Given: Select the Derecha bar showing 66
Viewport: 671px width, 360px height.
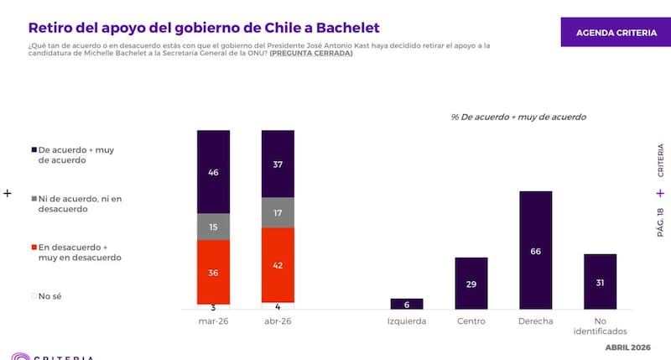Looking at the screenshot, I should [x=536, y=250].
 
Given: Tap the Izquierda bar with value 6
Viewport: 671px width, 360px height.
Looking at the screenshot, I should [x=407, y=304].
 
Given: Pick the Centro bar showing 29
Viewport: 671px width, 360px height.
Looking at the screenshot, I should [x=471, y=284].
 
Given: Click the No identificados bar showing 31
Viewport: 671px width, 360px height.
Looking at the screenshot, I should [x=600, y=282].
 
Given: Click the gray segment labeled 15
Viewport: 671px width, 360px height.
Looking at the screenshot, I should [x=214, y=227].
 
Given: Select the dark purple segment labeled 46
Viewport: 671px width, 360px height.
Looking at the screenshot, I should [x=214, y=172].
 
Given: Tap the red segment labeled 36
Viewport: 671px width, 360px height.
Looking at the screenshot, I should [x=214, y=272].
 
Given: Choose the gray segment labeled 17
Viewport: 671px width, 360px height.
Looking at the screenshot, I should [x=278, y=212].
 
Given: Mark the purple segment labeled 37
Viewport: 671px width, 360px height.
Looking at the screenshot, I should [x=278, y=164].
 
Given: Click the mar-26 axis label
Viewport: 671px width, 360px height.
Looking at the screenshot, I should [x=214, y=321].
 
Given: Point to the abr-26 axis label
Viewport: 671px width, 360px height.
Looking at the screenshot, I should [x=278, y=321].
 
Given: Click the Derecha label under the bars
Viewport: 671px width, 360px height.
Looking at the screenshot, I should [x=536, y=321].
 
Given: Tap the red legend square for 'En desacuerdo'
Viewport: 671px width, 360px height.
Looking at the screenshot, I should [x=33, y=247].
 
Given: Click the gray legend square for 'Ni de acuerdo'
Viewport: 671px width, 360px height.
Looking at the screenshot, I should [x=33, y=199].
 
